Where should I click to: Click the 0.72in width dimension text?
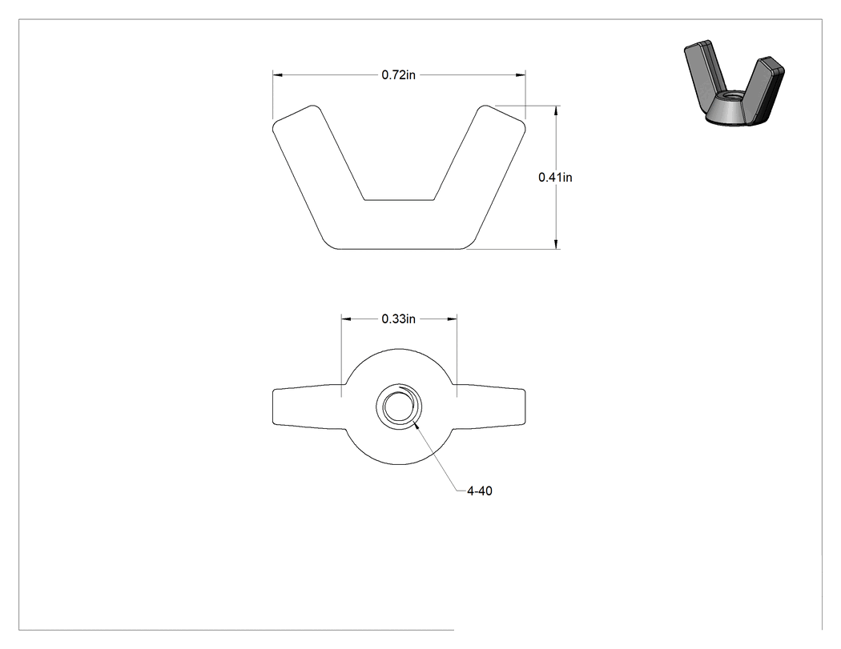(x=399, y=75)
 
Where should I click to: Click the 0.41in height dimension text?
(x=555, y=178)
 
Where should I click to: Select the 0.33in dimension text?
(x=399, y=318)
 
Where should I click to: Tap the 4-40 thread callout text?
(x=480, y=491)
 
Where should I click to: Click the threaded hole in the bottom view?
(x=399, y=407)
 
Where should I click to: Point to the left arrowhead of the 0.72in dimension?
(x=278, y=75)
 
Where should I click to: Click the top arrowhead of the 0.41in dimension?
(x=556, y=111)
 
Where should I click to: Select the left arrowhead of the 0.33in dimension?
(x=347, y=318)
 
